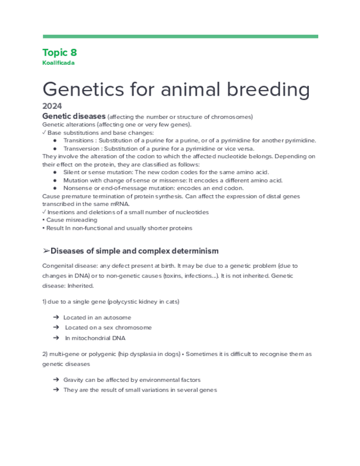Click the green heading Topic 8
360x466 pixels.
click(x=59, y=53)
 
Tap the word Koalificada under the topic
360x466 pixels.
click(x=58, y=63)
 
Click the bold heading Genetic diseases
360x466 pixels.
click(x=74, y=116)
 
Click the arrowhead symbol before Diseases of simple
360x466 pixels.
click(x=46, y=251)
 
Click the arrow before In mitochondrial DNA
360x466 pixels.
click(x=57, y=338)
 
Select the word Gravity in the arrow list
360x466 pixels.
click(x=75, y=380)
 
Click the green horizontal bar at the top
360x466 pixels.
click(x=180, y=37)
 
